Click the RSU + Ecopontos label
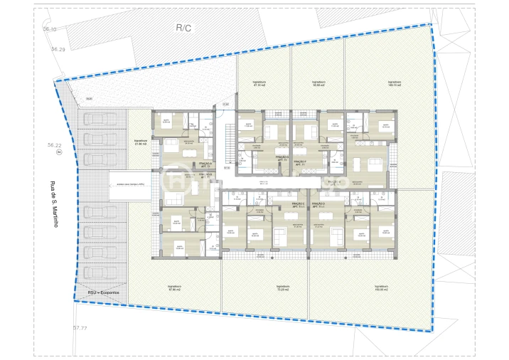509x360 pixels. coord(103,292)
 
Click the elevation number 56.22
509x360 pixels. coord(52,144)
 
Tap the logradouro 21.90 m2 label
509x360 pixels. coord(140,143)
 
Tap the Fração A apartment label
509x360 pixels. coord(186,165)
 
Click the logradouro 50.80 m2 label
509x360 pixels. coord(318,84)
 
